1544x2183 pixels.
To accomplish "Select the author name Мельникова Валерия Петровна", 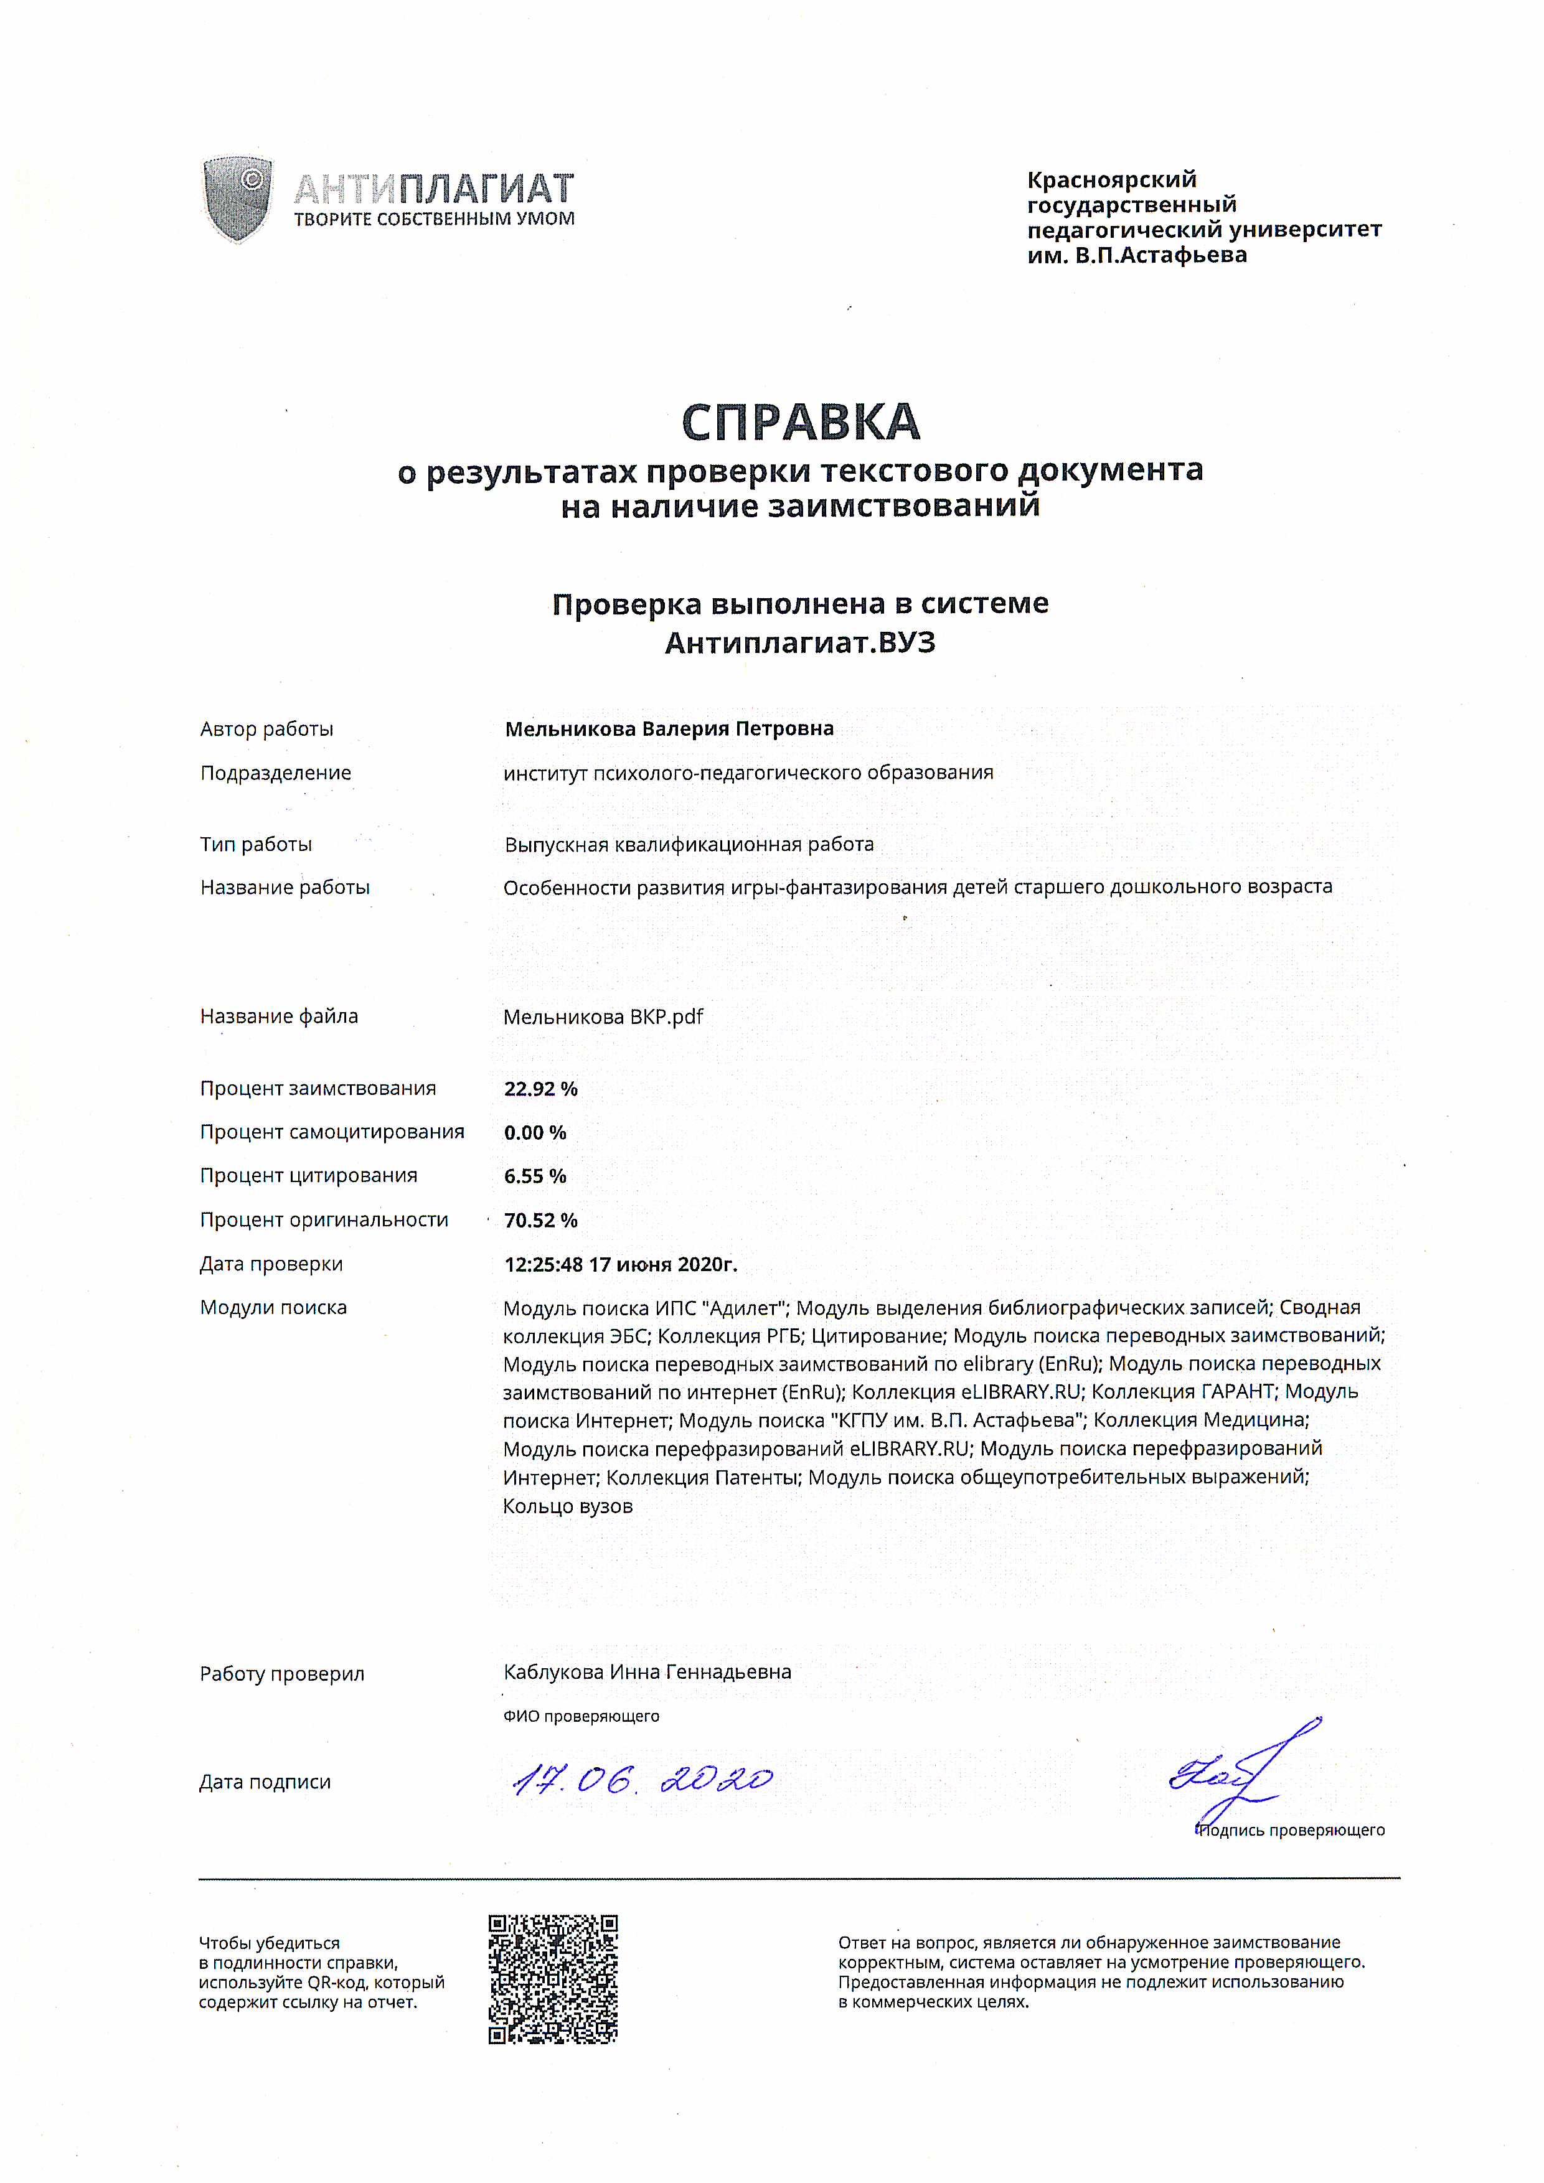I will (x=669, y=730).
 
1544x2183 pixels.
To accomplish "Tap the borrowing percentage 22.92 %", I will (x=540, y=1089).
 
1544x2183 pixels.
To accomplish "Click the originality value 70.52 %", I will (x=540, y=1220).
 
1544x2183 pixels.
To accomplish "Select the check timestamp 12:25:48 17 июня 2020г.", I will (x=620, y=1264).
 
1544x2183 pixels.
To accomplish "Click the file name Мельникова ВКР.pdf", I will (x=603, y=1016).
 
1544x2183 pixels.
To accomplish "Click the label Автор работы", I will (x=266, y=730).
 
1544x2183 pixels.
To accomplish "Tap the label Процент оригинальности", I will (x=323, y=1220).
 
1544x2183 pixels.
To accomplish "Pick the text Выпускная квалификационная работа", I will (x=689, y=844).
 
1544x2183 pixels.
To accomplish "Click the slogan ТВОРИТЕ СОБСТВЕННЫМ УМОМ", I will (x=433, y=220).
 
